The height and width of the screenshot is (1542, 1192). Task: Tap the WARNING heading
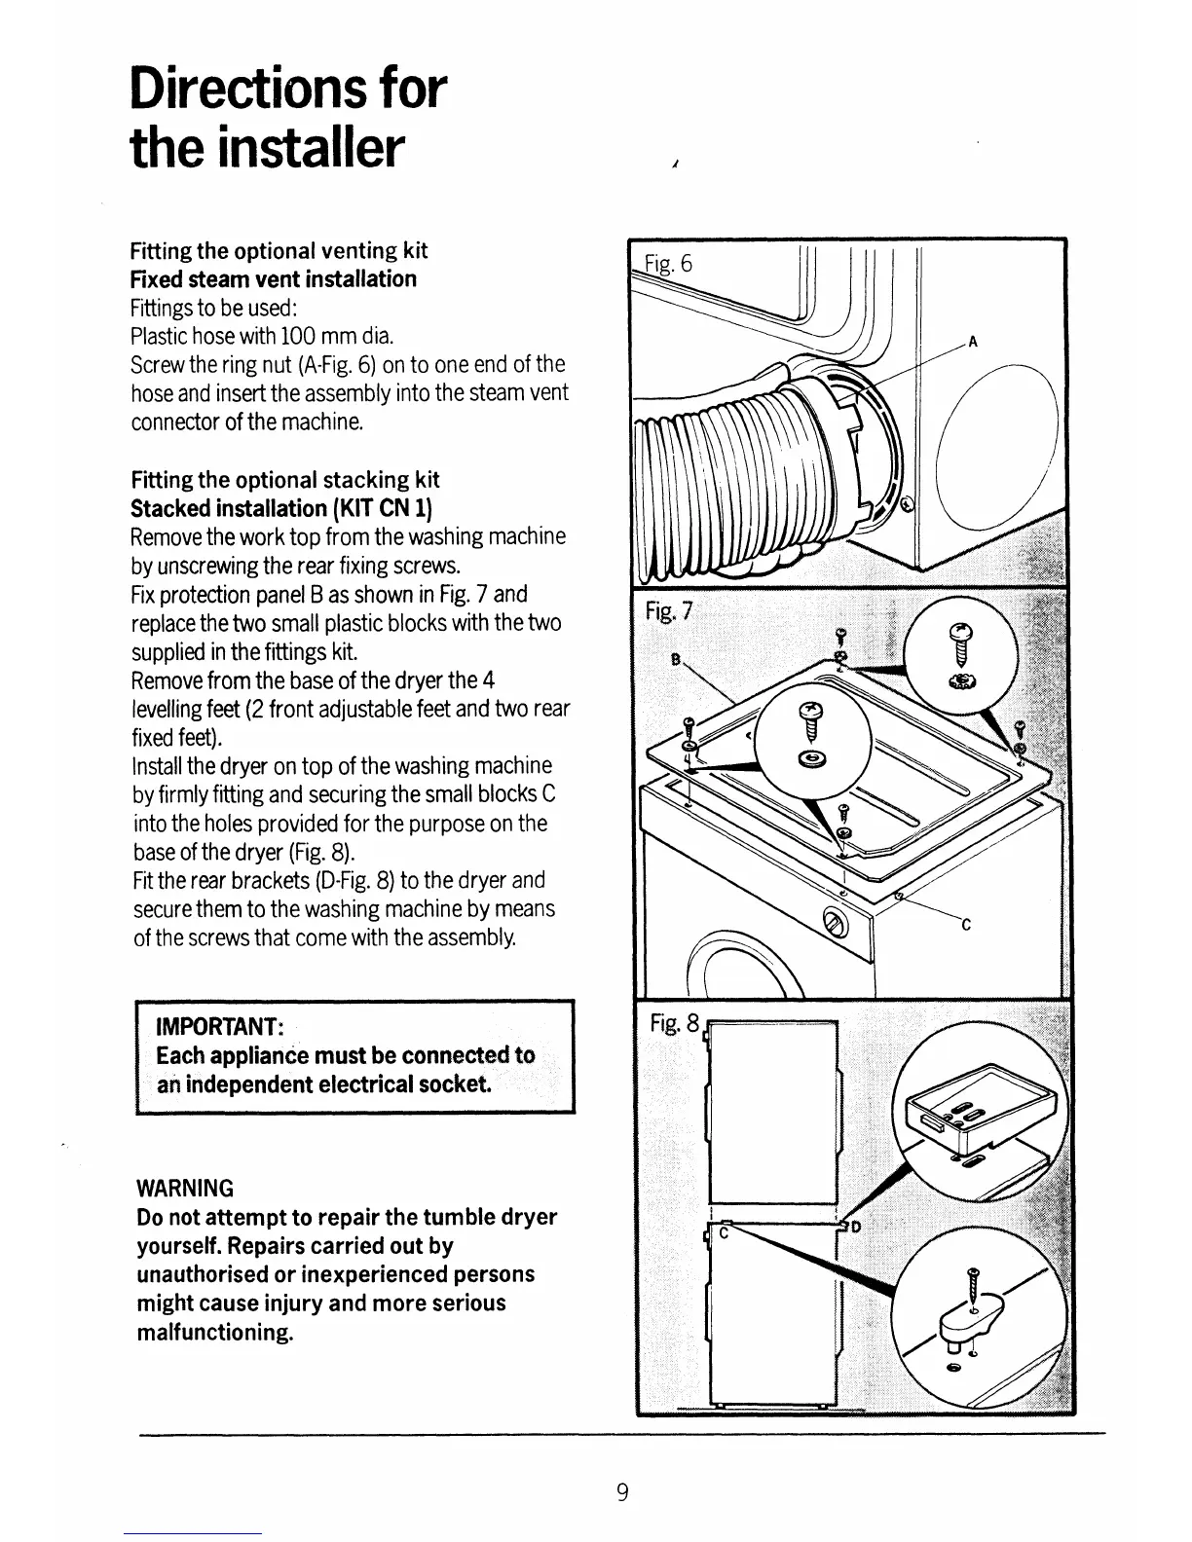coord(185,1189)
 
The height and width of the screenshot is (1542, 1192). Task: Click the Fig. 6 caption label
coord(669,264)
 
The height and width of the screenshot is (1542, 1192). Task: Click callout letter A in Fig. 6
coord(972,342)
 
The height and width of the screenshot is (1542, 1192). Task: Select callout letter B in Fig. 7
coord(674,657)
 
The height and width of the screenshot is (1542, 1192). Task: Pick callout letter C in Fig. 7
coord(965,926)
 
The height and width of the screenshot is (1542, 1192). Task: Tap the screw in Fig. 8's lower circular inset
coord(972,1282)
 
